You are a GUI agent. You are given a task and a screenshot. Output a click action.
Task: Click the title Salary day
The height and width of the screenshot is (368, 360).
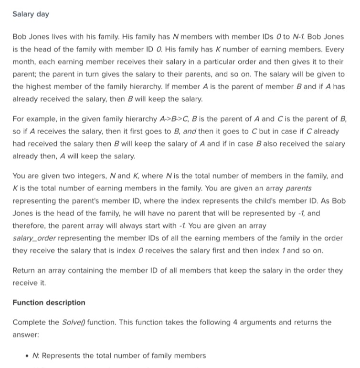(x=31, y=14)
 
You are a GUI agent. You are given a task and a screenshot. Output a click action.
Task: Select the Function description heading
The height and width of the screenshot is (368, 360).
(x=49, y=302)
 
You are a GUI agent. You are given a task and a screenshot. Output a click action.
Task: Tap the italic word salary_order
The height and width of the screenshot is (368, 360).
(x=33, y=237)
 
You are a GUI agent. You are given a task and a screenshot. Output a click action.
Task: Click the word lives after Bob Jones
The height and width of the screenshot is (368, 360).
(x=66, y=37)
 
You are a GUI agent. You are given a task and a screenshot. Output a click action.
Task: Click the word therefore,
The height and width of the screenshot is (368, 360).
(x=32, y=225)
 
